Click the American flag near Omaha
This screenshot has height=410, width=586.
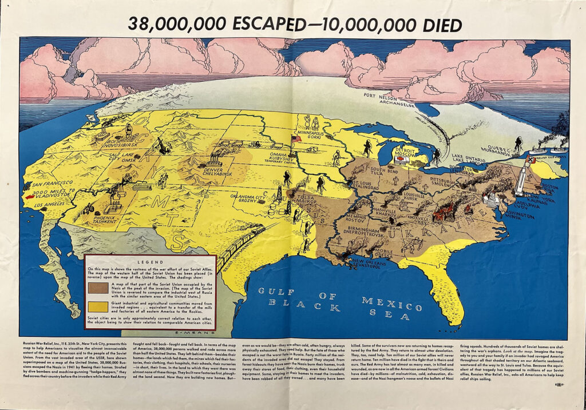click(x=296, y=139)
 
